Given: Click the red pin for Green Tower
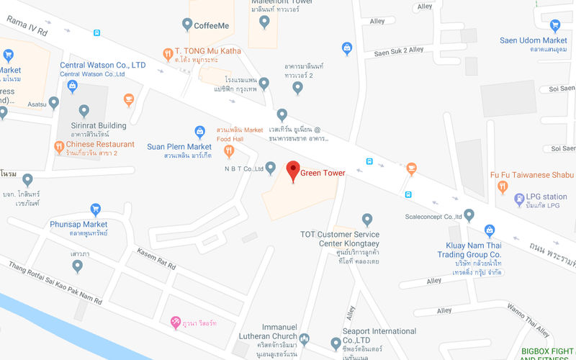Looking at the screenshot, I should (292, 171).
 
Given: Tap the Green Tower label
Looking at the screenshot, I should (323, 173).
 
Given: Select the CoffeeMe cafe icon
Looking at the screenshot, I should (185, 25).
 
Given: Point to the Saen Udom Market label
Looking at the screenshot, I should (534, 40).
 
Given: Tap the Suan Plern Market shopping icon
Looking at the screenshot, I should (201, 132).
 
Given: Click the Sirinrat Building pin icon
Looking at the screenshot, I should (84, 111).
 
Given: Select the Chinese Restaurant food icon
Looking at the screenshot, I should (60, 147).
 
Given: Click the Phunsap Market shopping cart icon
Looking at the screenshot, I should (95, 210).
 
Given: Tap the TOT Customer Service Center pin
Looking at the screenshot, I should (367, 219).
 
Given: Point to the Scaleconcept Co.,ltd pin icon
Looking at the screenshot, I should (469, 215).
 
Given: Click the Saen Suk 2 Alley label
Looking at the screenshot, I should (399, 50).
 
